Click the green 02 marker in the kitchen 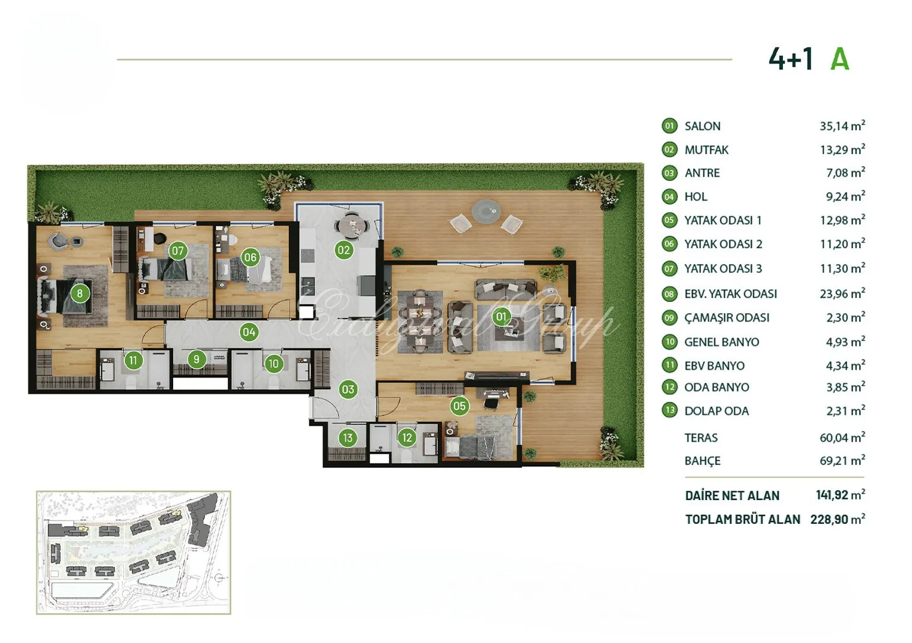pyautogui.click(x=344, y=250)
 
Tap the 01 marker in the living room pyautogui.click(x=501, y=317)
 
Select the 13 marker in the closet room pyautogui.click(x=347, y=438)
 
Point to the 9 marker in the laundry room pyautogui.click(x=197, y=359)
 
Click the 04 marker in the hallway pyautogui.click(x=249, y=332)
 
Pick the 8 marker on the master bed pyautogui.click(x=80, y=293)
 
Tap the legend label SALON pyautogui.click(x=703, y=126)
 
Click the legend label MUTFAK pyautogui.click(x=706, y=150)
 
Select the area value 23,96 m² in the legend pyautogui.click(x=842, y=293)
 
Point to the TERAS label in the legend pyautogui.click(x=701, y=438)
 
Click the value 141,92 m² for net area pyautogui.click(x=841, y=495)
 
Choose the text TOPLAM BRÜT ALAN pyautogui.click(x=742, y=520)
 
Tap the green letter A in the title pyautogui.click(x=839, y=60)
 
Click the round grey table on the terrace pyautogui.click(x=486, y=211)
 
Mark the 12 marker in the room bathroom pyautogui.click(x=407, y=438)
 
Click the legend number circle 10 pyautogui.click(x=670, y=342)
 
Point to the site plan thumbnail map pyautogui.click(x=133, y=552)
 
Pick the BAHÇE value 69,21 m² pyautogui.click(x=842, y=460)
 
